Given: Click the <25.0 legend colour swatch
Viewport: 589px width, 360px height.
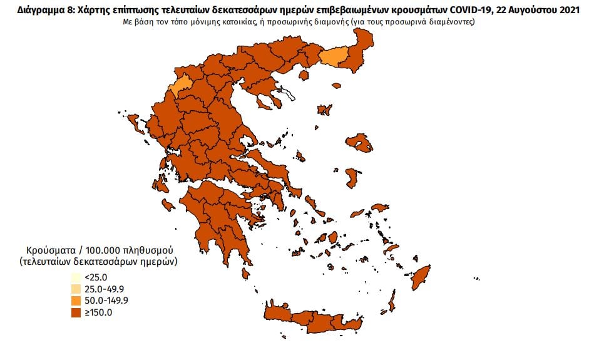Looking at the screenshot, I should (75, 277).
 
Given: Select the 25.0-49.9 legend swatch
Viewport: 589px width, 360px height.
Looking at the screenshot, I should (75, 289).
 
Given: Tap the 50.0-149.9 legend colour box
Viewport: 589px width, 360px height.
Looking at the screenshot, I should (75, 301).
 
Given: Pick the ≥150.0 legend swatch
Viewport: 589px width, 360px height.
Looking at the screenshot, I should (75, 313).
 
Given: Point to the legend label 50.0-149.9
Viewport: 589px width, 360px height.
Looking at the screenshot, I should (106, 301).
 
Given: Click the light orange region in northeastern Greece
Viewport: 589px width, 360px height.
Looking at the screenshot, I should (333, 57).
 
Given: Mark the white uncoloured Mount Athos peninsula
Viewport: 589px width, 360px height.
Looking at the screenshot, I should (289, 95).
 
